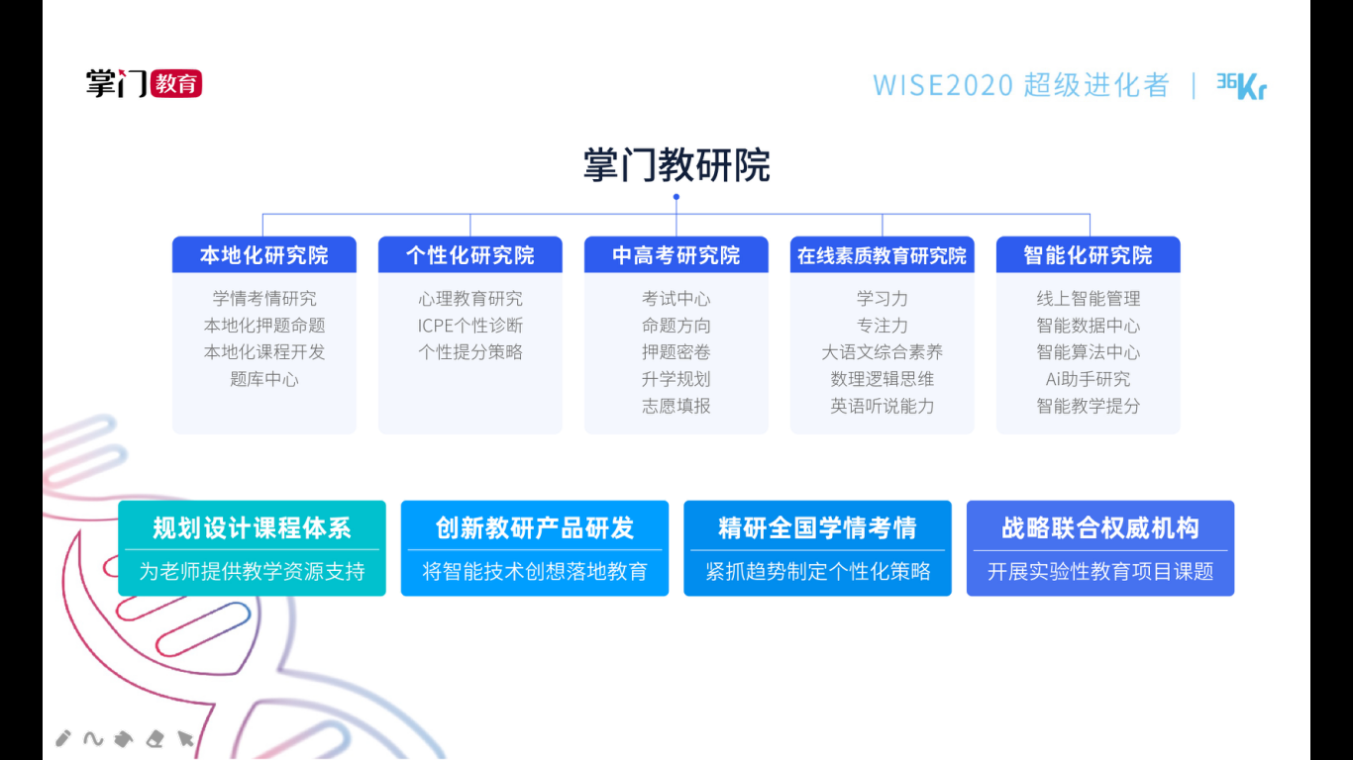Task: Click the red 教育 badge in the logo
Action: (x=175, y=83)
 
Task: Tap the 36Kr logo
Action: (x=1241, y=86)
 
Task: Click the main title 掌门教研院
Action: (x=676, y=165)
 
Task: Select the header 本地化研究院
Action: (x=263, y=255)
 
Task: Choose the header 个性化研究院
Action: (x=469, y=255)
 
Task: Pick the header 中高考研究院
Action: (x=676, y=255)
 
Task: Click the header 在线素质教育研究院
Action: (x=882, y=255)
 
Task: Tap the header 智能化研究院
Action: (x=1088, y=255)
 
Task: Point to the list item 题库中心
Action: (x=263, y=379)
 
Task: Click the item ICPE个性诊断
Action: (x=469, y=326)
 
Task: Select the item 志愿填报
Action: (x=676, y=406)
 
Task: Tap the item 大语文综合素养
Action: (x=882, y=352)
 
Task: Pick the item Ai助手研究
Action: (x=1088, y=379)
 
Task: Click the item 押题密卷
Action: (x=676, y=352)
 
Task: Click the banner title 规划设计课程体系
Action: (x=252, y=528)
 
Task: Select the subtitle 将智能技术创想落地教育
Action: (x=535, y=571)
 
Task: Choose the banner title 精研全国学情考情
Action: (x=817, y=528)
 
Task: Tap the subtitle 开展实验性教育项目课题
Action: (x=1099, y=571)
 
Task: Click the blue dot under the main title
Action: (x=676, y=197)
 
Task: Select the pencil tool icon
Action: (x=62, y=738)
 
